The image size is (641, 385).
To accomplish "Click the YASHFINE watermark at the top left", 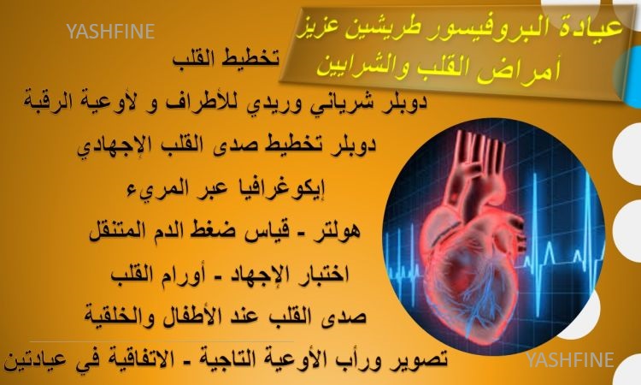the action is (110, 32).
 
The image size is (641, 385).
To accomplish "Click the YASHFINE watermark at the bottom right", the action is (570, 359).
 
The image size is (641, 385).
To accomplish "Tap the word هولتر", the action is (338, 231).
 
